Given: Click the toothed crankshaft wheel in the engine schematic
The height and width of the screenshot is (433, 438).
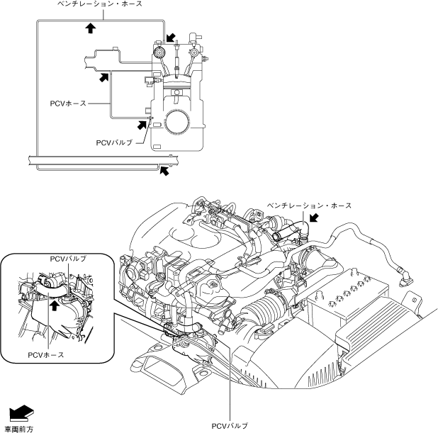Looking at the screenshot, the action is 176,121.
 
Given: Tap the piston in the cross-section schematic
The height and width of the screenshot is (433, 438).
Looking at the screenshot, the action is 176,86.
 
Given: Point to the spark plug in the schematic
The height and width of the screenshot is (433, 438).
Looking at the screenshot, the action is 177,58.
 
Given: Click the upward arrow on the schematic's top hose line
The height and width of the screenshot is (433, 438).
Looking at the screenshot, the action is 90,28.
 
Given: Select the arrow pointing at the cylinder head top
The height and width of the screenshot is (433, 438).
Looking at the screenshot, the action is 170,38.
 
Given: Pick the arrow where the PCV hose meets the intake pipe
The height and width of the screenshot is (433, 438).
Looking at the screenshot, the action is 104,77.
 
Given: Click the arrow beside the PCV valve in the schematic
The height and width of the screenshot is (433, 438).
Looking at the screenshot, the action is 142,125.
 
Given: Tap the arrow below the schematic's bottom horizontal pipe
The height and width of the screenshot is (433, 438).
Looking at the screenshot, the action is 164,170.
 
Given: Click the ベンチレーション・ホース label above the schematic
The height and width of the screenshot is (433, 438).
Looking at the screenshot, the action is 100,4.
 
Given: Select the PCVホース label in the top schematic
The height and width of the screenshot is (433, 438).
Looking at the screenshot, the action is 68,103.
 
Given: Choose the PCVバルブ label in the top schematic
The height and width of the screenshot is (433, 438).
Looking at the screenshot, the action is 114,142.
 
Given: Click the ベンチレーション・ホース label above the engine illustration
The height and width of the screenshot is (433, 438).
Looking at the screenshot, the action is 309,206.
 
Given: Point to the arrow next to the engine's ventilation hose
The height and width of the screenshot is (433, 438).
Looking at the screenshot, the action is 314,218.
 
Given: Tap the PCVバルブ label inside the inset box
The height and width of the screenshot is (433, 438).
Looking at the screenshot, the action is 68,259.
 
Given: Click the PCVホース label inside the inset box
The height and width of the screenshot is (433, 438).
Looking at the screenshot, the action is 46,355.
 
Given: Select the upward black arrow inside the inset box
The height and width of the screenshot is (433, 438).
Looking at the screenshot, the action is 55,305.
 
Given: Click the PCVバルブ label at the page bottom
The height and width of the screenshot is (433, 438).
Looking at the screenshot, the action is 230,426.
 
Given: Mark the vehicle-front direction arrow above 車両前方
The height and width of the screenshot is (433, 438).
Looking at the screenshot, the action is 21,412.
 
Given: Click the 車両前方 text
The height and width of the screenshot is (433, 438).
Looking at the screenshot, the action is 19,429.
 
